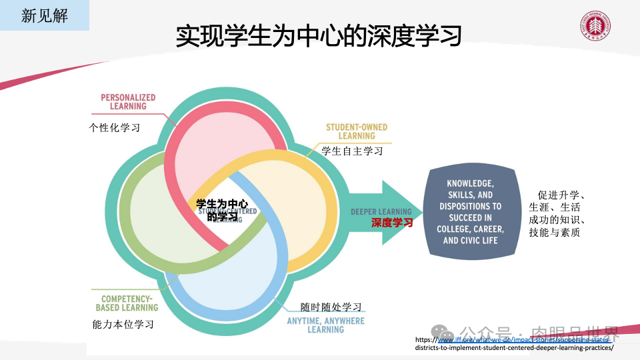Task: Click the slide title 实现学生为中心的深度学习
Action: pyautogui.click(x=319, y=36)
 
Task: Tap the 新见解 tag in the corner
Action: pyautogui.click(x=44, y=15)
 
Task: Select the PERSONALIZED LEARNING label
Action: pyautogui.click(x=128, y=101)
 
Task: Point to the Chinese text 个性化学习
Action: pyautogui.click(x=115, y=127)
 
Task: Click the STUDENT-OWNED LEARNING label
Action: pyautogui.click(x=356, y=131)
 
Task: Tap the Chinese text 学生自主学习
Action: pyautogui.click(x=352, y=151)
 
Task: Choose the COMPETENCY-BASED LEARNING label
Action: pyautogui.click(x=127, y=303)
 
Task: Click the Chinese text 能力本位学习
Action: pyautogui.click(x=123, y=325)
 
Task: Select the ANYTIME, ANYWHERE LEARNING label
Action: pyautogui.click(x=325, y=325)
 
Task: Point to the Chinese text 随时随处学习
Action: pyautogui.click(x=331, y=307)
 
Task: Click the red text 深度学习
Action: pyautogui.click(x=392, y=223)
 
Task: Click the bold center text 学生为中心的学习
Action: pyautogui.click(x=222, y=209)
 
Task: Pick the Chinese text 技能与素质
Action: pyautogui.click(x=554, y=232)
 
